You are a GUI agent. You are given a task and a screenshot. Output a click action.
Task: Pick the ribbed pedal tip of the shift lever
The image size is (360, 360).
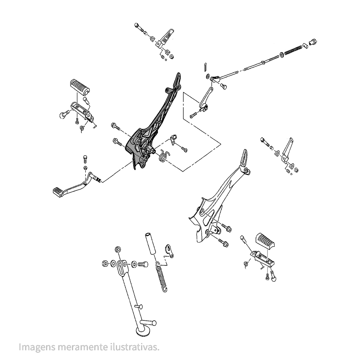pyautogui.click(x=58, y=191)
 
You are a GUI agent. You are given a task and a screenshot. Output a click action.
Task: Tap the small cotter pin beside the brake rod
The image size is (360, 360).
pyautogui.click(x=204, y=66)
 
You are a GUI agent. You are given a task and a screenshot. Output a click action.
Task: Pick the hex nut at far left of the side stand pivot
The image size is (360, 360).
pyautogui.click(x=104, y=264)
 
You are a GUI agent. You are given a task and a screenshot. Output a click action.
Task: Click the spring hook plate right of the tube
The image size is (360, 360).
pyautogui.click(x=169, y=251)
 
